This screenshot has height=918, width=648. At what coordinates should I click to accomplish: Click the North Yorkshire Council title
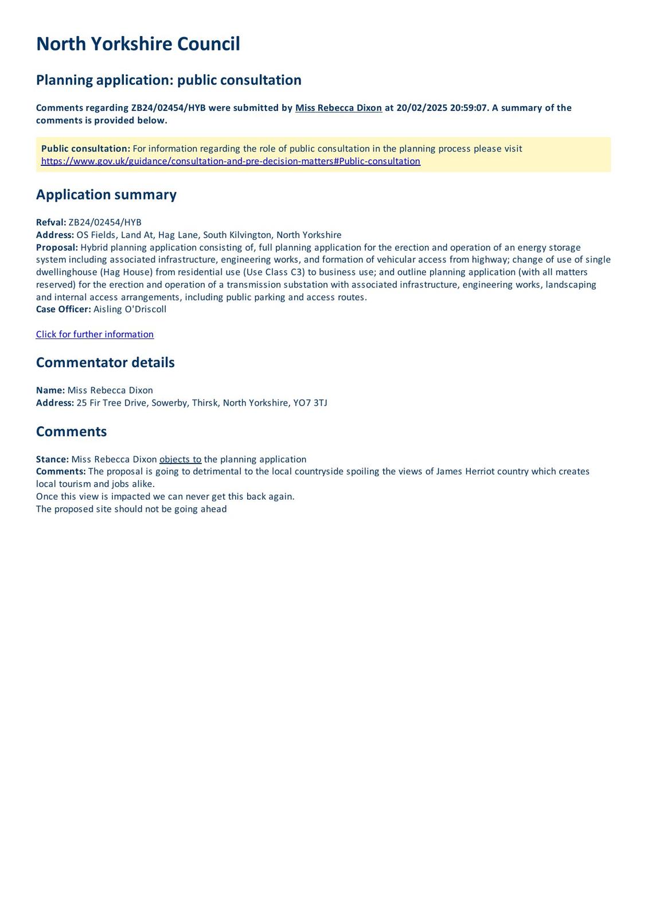coord(138,44)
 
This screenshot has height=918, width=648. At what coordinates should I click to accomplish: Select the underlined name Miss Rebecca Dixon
coord(338,108)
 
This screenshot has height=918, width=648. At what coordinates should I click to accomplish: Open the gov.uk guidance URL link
coord(231,161)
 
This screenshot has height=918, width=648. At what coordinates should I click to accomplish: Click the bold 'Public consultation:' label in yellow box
coord(85,149)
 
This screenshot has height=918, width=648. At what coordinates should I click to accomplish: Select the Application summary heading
coord(106,195)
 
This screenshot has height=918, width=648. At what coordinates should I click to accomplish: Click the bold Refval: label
coord(51,223)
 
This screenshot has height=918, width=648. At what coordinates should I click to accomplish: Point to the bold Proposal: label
coord(57,247)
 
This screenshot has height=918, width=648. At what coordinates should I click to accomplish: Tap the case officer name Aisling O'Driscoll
coord(130,309)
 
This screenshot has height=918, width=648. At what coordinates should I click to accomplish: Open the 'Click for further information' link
coord(95,334)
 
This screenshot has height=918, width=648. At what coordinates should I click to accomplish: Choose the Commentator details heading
coord(105,363)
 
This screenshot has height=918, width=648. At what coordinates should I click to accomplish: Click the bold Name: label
coord(50,391)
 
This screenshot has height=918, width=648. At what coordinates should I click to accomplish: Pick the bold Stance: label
coord(52,460)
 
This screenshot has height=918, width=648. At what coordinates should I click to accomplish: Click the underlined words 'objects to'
coord(180,460)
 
